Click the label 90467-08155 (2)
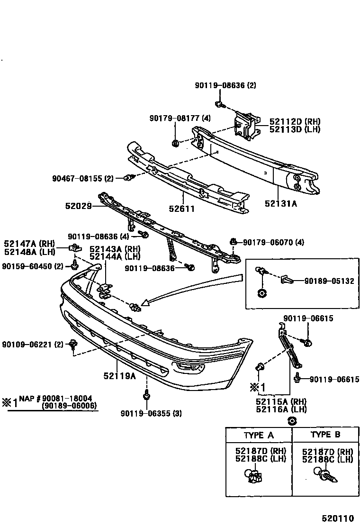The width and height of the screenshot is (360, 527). (83, 179)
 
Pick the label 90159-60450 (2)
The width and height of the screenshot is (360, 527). (33, 266)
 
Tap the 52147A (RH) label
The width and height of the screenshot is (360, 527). (30, 244)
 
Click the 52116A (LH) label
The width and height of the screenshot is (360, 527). (281, 409)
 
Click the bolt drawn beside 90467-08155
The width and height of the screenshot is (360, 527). (129, 178)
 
